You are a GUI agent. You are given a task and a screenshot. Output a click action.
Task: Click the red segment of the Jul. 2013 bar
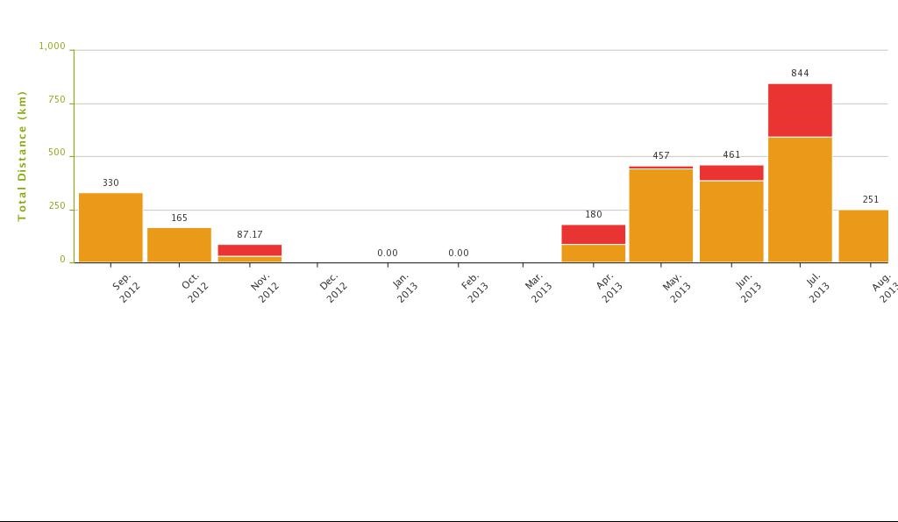coord(800,110)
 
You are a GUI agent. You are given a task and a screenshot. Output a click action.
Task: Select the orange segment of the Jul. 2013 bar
coord(800,199)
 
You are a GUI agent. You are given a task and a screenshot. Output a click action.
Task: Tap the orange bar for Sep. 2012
coord(110,227)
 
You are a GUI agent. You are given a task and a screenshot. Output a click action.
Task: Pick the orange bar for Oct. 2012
coord(179,245)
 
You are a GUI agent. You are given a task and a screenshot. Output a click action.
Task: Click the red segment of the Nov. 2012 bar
coord(250,250)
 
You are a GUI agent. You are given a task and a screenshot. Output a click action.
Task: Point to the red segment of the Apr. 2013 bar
coord(594,234)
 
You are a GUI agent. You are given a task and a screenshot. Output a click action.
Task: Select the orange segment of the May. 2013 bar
coord(661,215)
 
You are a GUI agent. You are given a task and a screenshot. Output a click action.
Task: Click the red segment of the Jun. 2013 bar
coord(731,172)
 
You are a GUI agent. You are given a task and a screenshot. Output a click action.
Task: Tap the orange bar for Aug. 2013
coord(864,236)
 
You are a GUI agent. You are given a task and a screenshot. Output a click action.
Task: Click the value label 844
coord(800,73)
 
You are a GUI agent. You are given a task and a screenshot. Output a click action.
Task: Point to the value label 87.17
coord(250,234)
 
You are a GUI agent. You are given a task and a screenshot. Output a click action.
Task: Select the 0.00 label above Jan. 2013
coord(388,253)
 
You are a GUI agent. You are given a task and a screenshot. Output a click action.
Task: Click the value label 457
coord(661,155)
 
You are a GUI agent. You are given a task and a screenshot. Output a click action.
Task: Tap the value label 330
coord(110,182)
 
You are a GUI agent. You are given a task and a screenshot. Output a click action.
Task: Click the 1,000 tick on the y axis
coord(53,46)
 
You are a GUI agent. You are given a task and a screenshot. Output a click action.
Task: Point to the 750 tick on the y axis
coord(57,100)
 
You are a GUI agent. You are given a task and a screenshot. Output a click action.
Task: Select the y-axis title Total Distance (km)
coord(23,156)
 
